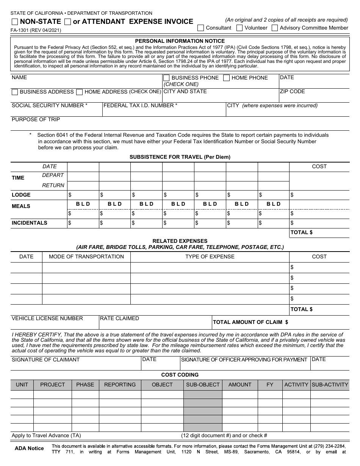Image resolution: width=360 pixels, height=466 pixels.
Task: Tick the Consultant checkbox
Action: click(x=200, y=28)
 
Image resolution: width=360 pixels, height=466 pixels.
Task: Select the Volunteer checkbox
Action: click(x=239, y=28)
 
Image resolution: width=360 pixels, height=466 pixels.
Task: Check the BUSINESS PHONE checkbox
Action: click(x=166, y=78)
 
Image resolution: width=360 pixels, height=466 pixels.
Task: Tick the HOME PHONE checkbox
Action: click(x=226, y=78)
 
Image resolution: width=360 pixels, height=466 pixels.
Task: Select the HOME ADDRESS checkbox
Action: click(x=79, y=92)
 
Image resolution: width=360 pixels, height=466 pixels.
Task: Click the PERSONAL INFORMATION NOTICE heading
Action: click(x=180, y=41)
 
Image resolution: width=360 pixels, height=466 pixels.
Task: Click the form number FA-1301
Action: click(x=36, y=30)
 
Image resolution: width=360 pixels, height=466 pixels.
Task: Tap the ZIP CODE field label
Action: click(x=292, y=91)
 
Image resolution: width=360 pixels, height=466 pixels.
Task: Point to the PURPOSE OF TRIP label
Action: click(x=36, y=119)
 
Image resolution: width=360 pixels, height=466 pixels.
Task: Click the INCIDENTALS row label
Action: click(x=30, y=223)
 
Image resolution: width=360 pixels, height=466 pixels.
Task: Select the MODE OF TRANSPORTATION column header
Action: click(x=86, y=256)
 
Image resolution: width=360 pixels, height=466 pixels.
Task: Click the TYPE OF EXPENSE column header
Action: click(x=210, y=256)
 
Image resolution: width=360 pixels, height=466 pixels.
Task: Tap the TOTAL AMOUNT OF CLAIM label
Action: click(x=250, y=322)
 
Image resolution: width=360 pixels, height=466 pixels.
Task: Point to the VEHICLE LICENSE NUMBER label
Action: click(x=47, y=318)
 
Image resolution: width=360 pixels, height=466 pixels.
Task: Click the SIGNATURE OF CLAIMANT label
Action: click(x=45, y=360)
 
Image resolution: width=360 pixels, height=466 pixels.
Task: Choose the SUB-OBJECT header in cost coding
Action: click(x=203, y=385)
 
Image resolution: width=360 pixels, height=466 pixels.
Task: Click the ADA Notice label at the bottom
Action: click(x=29, y=448)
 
